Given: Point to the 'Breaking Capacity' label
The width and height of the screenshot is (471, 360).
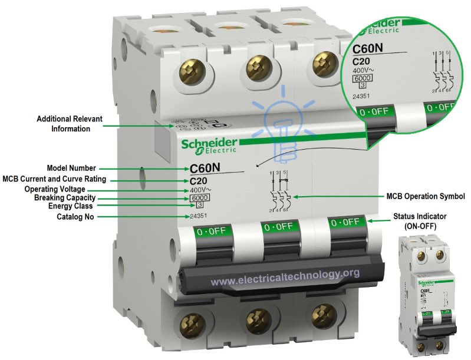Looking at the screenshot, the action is [x=65, y=198].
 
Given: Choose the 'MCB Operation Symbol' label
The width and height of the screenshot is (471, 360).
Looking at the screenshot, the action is [x=426, y=196].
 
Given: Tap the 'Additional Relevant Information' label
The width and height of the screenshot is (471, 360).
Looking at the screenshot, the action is [x=70, y=124].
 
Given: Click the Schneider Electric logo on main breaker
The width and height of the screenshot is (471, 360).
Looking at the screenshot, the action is [x=210, y=145].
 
